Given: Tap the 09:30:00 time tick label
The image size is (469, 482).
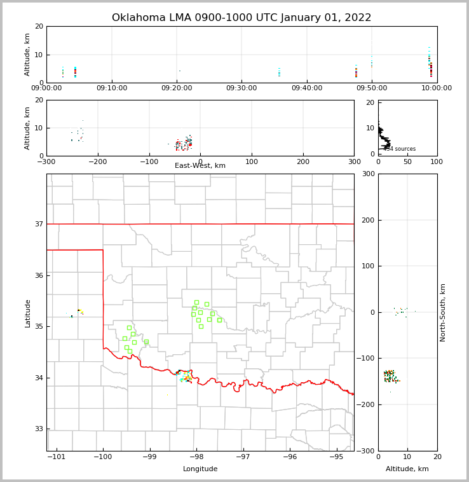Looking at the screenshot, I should [241, 88].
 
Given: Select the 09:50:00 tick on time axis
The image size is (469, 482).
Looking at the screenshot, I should [371, 88].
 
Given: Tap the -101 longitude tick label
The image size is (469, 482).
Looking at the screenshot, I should [57, 457].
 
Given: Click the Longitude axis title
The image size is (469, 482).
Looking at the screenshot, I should [200, 469].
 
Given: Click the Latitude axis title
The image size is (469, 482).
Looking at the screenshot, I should [27, 313].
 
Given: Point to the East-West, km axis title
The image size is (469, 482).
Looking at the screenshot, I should [200, 166].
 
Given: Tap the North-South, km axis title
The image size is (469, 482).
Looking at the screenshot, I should [443, 312].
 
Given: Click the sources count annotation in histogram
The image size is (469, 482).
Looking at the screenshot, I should [400, 149].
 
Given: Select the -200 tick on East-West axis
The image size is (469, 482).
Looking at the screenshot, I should [97, 162].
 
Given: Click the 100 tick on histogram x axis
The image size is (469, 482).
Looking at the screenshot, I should [437, 162].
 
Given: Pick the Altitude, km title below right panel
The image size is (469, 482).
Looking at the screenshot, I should [407, 469].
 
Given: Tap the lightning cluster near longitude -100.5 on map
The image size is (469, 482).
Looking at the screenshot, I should [78, 312].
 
